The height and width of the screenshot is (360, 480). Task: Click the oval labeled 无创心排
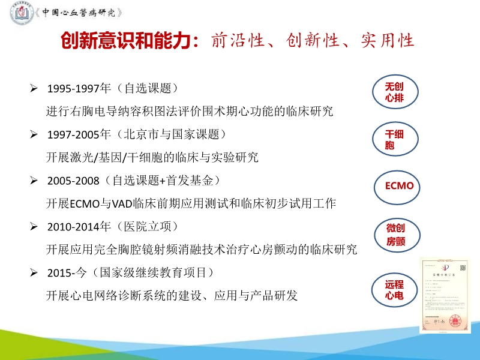[394, 92]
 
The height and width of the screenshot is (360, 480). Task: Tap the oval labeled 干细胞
[394, 139]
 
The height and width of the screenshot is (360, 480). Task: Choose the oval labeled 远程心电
[394, 290]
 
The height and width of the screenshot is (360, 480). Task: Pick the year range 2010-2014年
[79, 227]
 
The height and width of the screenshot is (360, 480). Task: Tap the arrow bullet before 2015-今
[35, 273]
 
